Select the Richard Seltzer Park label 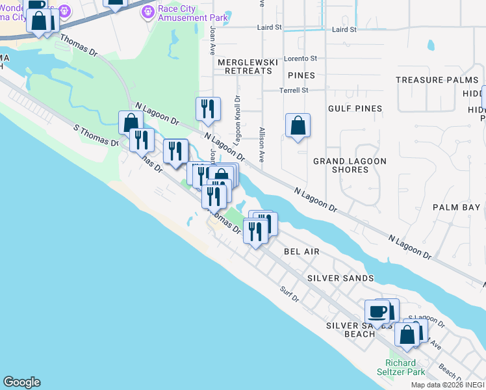[405, 367]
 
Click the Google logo [21, 382]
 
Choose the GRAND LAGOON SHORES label [341, 165]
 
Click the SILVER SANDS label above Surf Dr [340, 278]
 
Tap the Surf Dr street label [289, 294]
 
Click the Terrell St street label [294, 90]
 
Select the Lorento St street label [300, 58]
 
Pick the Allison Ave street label [261, 144]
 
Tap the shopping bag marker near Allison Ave [298, 125]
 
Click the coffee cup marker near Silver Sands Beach [377, 311]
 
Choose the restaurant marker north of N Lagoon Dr [208, 109]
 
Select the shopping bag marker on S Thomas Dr [131, 122]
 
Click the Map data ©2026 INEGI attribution [447, 385]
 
